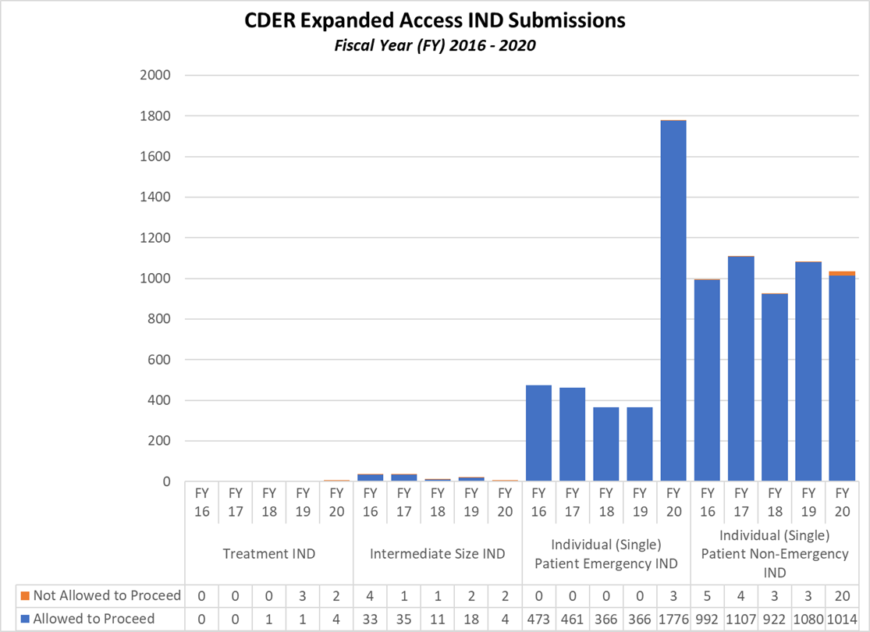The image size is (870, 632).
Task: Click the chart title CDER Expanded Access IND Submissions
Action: [x=435, y=21]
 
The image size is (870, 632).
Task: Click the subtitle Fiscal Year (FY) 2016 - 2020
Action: [x=435, y=45]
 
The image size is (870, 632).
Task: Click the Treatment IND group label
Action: [x=269, y=554]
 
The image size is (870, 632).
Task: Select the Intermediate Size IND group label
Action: [x=438, y=554]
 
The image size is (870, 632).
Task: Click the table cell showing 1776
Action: [x=673, y=619]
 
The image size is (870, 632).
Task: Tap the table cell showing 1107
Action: [x=741, y=619]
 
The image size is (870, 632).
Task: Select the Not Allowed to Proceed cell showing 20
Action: [x=842, y=595]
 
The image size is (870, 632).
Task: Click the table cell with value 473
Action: [x=538, y=619]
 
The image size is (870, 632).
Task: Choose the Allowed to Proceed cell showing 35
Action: [x=404, y=619]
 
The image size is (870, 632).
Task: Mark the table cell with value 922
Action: [x=775, y=619]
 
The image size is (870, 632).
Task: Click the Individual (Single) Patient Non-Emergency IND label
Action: [x=775, y=554]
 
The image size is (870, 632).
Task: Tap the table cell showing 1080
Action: [x=808, y=619]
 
